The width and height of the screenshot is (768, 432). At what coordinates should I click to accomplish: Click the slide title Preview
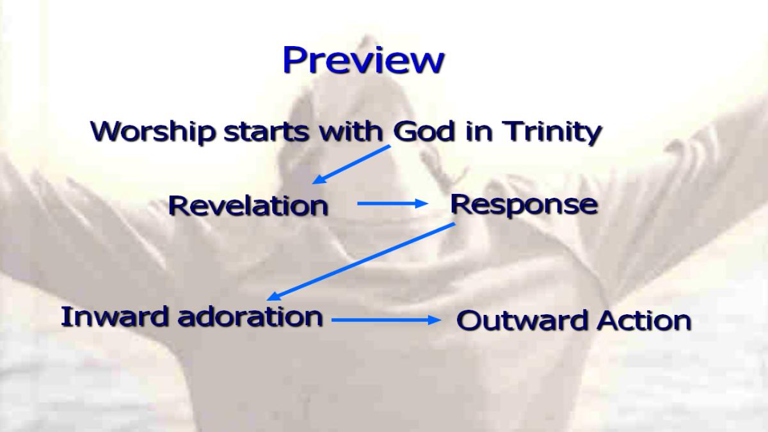pyautogui.click(x=364, y=61)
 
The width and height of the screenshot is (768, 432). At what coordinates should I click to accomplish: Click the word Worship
pyautogui.click(x=153, y=132)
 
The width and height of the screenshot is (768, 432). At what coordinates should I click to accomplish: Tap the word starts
pyautogui.click(x=266, y=132)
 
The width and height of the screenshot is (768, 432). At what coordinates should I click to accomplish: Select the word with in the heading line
pyautogui.click(x=351, y=131)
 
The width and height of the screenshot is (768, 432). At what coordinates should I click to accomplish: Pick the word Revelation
pyautogui.click(x=248, y=206)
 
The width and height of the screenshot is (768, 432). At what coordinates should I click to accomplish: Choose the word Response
pyautogui.click(x=524, y=205)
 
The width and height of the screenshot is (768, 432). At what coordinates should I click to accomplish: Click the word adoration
pyautogui.click(x=250, y=317)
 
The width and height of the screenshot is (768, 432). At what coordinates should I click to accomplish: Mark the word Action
pyautogui.click(x=644, y=320)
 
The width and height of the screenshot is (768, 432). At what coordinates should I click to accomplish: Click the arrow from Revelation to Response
pyautogui.click(x=392, y=204)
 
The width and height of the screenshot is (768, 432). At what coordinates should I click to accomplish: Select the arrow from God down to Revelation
pyautogui.click(x=351, y=164)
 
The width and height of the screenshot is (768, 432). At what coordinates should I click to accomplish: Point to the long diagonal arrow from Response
pyautogui.click(x=361, y=262)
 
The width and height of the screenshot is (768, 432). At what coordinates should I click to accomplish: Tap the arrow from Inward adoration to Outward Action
pyautogui.click(x=387, y=320)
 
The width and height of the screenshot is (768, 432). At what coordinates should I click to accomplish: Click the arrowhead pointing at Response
pyautogui.click(x=422, y=204)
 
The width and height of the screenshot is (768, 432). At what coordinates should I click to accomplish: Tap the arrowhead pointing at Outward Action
pyautogui.click(x=435, y=320)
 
